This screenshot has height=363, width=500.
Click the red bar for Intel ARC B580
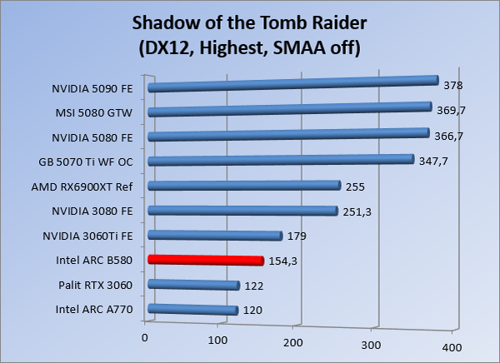[205, 261]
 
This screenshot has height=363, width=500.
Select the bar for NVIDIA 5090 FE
[292, 83]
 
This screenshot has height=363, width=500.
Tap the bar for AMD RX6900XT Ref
[243, 186]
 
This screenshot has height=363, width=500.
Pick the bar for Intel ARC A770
[192, 311]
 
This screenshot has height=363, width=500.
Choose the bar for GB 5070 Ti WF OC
[280, 160]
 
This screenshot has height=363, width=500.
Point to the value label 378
[453, 86]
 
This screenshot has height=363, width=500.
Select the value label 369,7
[451, 111]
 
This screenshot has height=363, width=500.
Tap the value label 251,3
[357, 211]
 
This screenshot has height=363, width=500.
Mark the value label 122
[253, 286]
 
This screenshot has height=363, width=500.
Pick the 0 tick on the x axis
[145, 337]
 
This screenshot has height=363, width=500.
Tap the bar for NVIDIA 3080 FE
[242, 211]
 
